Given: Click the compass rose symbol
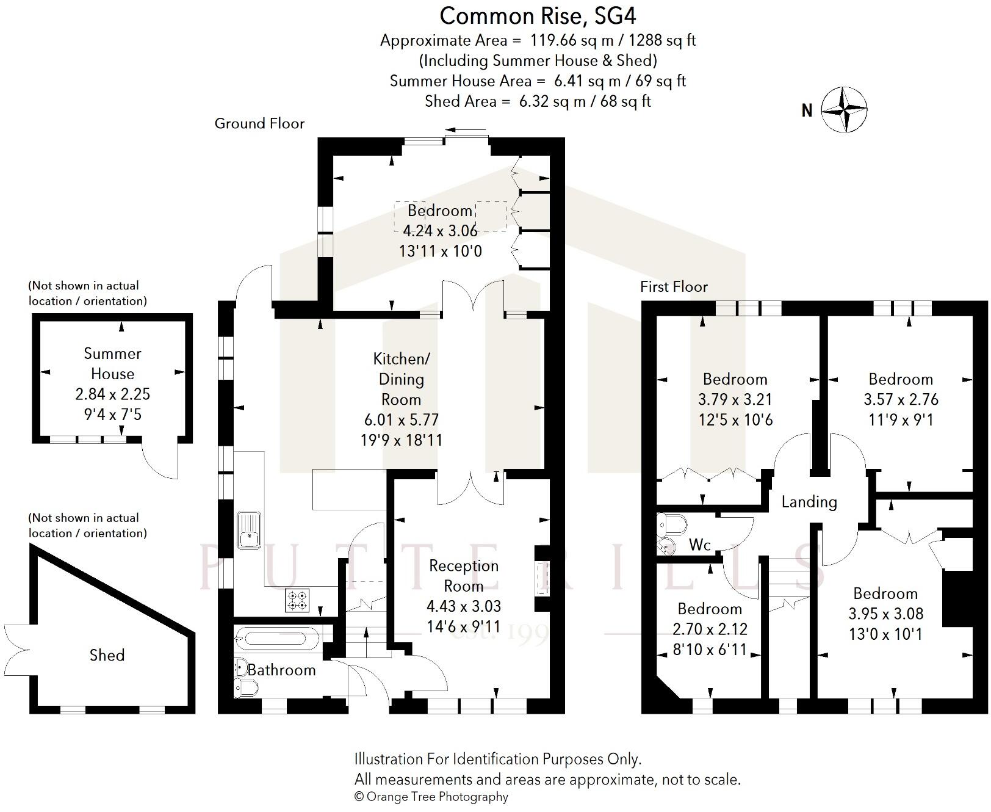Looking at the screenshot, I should [844, 110].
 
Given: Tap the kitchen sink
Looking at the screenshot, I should [248, 529].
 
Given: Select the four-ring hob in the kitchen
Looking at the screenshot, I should [298, 600].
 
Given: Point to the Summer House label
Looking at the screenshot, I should [112, 363].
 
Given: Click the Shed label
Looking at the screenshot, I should [107, 655].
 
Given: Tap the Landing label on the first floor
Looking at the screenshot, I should [809, 502].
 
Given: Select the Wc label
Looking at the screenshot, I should [700, 545].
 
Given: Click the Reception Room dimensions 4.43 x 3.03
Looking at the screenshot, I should [464, 606].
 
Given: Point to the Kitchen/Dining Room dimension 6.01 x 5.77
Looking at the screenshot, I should [401, 420].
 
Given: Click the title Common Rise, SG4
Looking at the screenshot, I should [538, 16].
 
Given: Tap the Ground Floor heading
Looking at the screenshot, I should [259, 123].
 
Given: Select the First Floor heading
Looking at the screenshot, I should [674, 286].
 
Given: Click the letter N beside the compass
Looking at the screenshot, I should [807, 111].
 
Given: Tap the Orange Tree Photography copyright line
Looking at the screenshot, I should [431, 797].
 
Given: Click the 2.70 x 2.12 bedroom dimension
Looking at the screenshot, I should [710, 629].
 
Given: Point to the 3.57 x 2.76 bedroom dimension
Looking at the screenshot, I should [901, 399].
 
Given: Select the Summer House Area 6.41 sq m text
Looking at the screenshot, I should [538, 81].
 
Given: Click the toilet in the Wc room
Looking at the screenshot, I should [671, 524].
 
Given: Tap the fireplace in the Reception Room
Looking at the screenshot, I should [542, 578].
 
